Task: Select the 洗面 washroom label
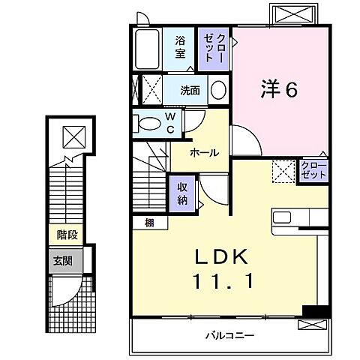pos(189,90)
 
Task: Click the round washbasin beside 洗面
pos(217,90)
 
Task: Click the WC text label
pos(171,123)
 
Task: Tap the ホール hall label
pos(204,152)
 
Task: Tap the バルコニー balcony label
pos(230,335)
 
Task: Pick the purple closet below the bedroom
pos(313,169)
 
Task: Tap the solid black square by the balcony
pos(315,310)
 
